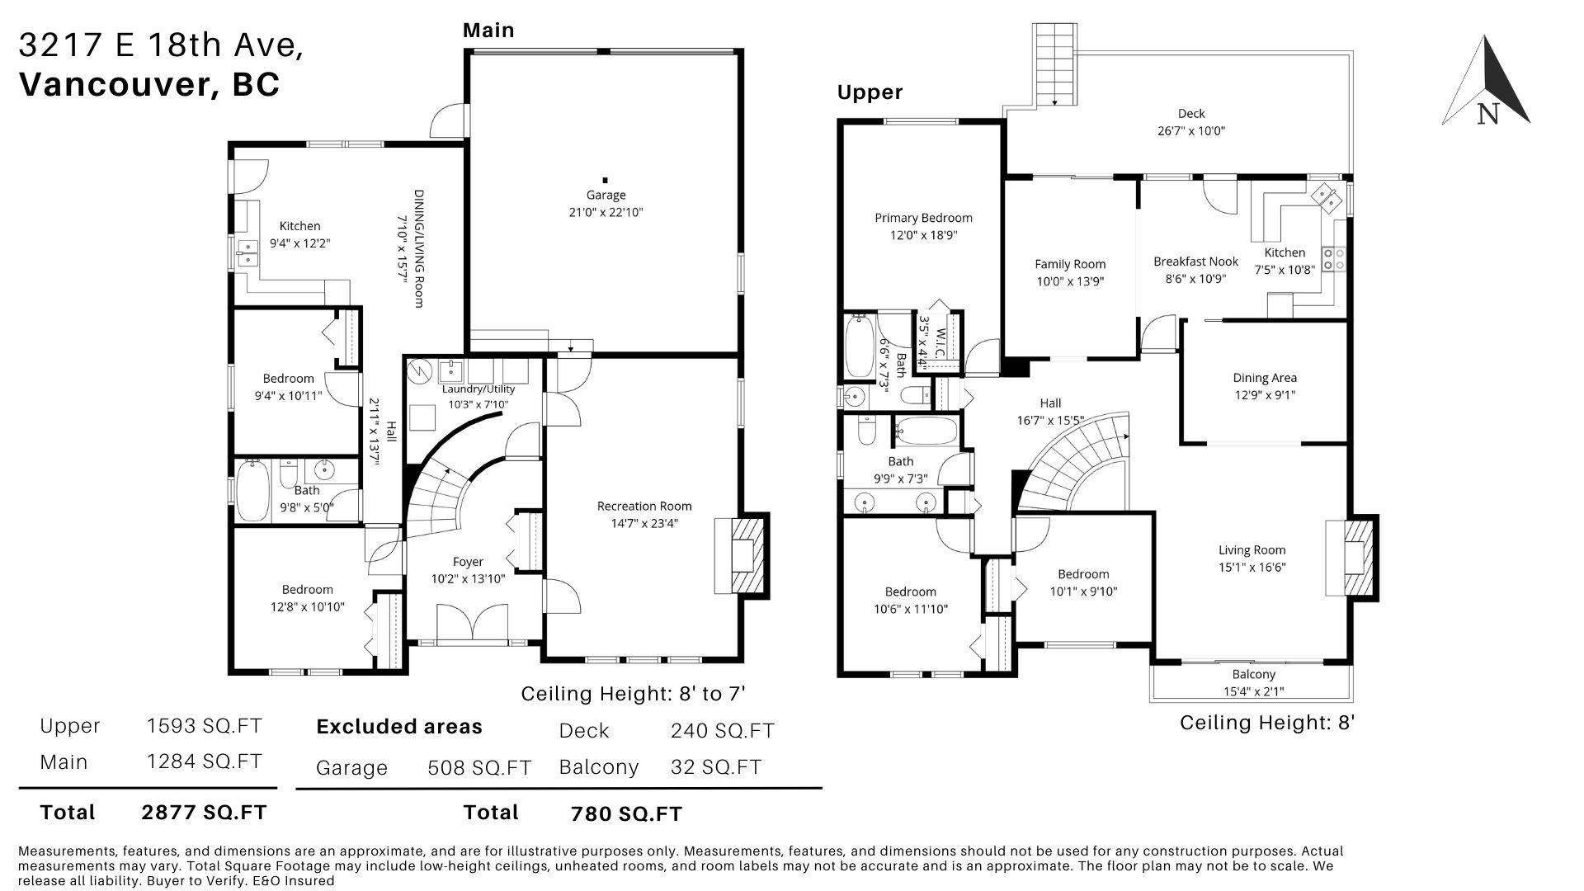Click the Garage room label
(606, 196)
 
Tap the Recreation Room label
(644, 507)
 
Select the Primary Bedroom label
(923, 218)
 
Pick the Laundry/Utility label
(478, 389)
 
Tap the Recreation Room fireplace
(741, 554)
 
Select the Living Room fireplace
(1351, 556)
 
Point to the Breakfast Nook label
(1195, 262)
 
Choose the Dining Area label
(1265, 378)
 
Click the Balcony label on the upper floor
(1254, 675)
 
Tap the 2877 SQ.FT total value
(205, 813)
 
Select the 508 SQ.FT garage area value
(479, 768)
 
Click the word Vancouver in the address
(113, 84)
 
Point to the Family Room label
(1070, 264)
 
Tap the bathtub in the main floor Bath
(252, 490)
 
